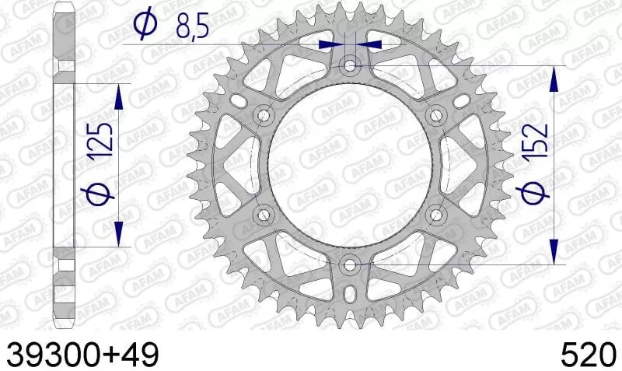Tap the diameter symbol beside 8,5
point(144,25)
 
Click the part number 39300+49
point(82,354)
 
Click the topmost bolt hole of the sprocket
point(350,67)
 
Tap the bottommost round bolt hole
point(350,264)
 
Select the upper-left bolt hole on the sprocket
point(264,116)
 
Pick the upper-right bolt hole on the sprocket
point(435,116)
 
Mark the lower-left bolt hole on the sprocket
point(264,215)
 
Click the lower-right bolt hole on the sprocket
point(435,215)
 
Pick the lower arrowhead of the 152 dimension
point(553,250)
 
